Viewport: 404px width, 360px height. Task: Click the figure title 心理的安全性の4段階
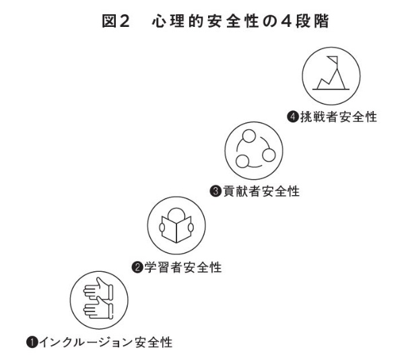[240, 21]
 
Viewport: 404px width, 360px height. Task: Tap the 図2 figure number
[115, 21]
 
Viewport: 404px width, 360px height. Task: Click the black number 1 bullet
[32, 343]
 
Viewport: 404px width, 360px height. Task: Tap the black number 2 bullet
[137, 268]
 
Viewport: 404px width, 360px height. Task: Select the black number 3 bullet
[216, 192]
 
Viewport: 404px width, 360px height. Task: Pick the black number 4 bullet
[293, 117]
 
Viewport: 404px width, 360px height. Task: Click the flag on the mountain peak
[333, 60]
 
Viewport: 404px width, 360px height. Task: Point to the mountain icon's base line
[331, 89]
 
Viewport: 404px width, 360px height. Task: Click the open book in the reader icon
[176, 229]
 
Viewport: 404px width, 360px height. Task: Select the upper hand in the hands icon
[98, 288]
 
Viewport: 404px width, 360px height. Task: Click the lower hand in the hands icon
[98, 308]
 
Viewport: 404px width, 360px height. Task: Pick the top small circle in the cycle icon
[249, 136]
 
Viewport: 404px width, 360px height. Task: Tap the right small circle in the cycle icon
[269, 155]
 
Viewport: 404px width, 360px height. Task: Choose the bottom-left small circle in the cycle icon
[242, 161]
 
